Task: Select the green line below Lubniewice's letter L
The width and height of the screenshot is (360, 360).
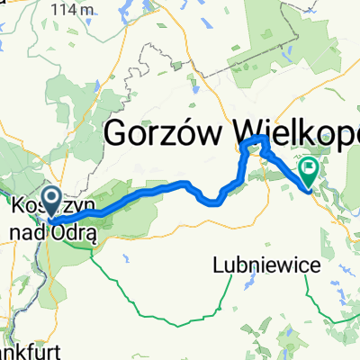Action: pyautogui.click(x=219, y=297)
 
